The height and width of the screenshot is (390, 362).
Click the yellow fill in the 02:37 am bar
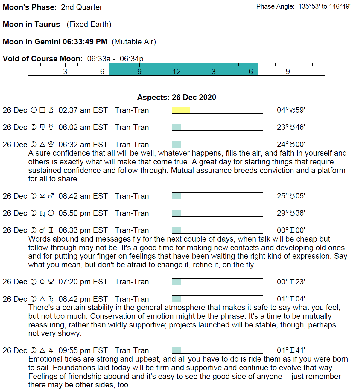[181, 110]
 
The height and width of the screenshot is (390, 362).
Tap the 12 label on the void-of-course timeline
[177, 72]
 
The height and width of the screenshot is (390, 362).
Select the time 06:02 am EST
[83, 127]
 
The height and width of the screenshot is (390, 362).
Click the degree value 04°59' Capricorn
[291, 110]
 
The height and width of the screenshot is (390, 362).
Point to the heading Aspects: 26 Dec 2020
[177, 97]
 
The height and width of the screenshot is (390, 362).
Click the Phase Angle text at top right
[303, 7]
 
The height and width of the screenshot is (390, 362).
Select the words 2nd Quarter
[82, 7]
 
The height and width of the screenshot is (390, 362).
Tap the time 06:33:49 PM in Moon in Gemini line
[85, 42]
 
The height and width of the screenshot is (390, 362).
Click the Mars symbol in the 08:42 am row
[51, 196]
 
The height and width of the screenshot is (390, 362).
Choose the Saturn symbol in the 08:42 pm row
[51, 299]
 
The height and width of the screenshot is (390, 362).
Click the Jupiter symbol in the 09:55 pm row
[51, 350]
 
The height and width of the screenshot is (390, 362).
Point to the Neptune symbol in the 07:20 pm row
[51, 282]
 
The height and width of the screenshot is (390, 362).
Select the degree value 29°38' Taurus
[291, 213]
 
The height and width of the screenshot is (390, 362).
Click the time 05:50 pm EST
[83, 213]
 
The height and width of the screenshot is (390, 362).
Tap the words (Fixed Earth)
[89, 24]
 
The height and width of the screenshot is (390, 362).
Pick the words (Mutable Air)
[134, 42]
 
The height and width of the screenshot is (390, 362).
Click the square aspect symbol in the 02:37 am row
[42, 110]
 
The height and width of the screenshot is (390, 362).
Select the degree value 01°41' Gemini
[291, 350]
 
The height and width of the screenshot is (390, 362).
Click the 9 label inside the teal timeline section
[139, 72]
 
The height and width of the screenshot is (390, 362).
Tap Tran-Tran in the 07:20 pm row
[132, 282]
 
